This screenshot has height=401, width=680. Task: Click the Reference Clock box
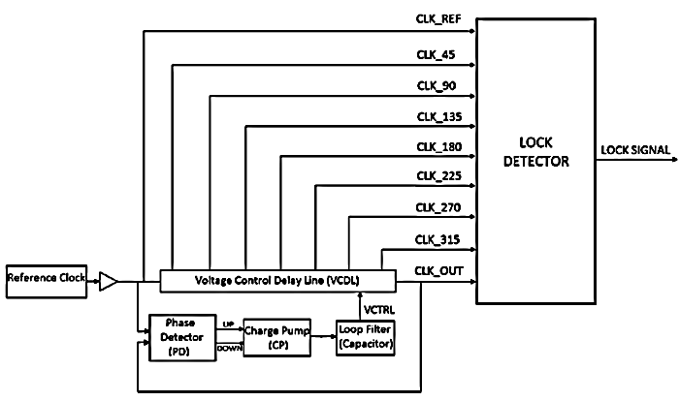tap(47, 281)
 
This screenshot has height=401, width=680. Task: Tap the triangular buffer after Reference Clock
tap(109, 281)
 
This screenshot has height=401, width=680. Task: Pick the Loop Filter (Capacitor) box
tap(365, 338)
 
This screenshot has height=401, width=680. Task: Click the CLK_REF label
tap(437, 19)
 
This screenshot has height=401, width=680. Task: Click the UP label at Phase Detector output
tap(229, 324)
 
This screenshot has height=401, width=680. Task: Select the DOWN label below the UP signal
tap(229, 346)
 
